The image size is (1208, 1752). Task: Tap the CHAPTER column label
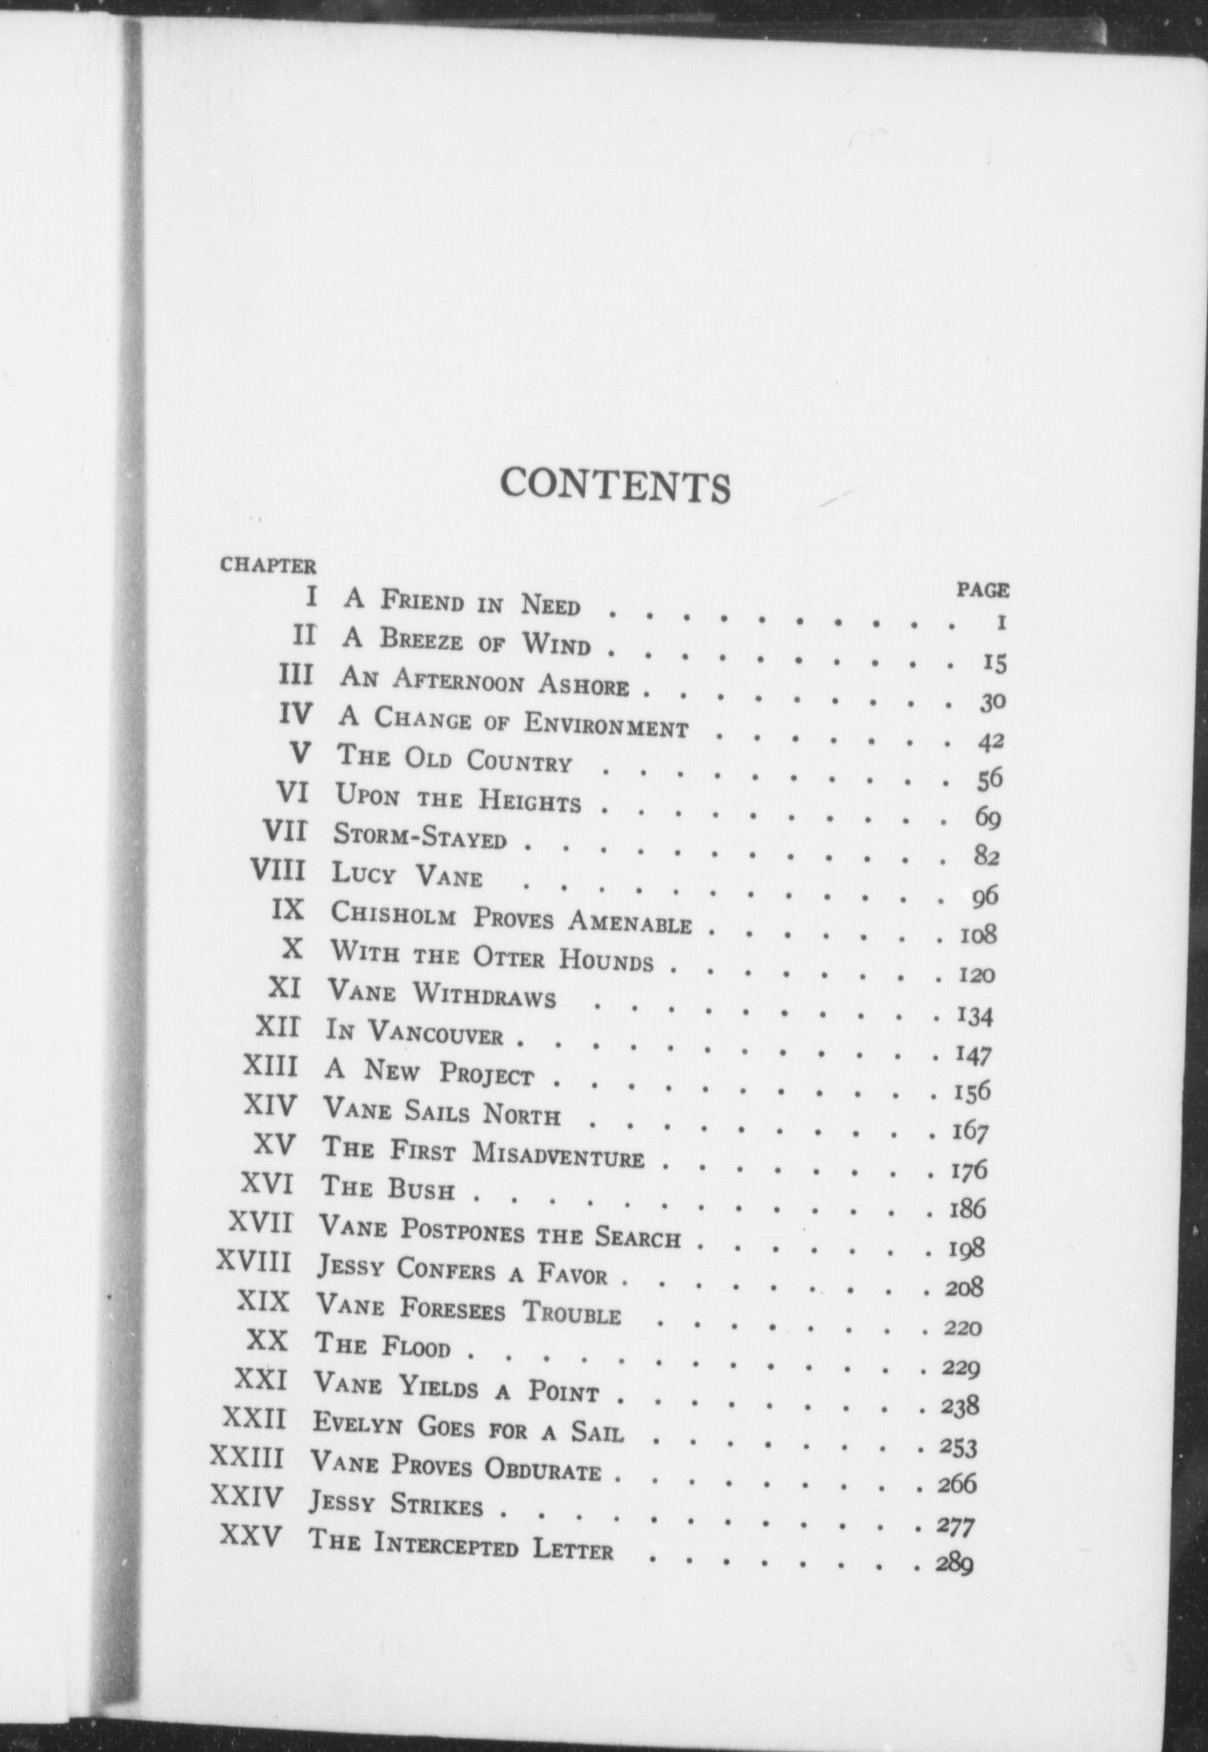click(268, 565)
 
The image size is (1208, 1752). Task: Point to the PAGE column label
click(983, 590)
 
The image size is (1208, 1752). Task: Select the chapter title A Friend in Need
click(462, 602)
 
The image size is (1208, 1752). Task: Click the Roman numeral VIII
click(278, 871)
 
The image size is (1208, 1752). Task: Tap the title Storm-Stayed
click(419, 834)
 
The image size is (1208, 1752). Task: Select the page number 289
click(955, 1563)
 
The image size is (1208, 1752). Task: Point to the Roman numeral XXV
click(252, 1537)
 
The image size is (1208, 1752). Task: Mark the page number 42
click(990, 742)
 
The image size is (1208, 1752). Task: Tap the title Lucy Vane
click(407, 874)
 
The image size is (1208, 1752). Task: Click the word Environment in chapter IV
click(606, 724)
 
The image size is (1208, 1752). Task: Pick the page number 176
click(968, 1171)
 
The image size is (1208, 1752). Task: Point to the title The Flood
click(383, 1346)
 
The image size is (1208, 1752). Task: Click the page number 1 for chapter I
click(1000, 623)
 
